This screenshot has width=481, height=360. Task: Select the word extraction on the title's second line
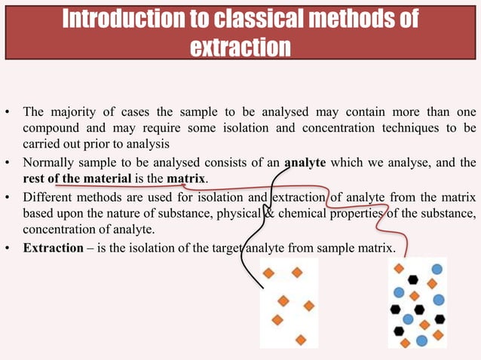[x=240, y=47]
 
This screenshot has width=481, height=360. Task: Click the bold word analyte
[x=307, y=162]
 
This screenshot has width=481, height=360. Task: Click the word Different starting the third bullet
[x=49, y=198]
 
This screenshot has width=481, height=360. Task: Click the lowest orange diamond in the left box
[x=301, y=340]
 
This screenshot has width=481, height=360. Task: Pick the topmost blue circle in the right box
[x=437, y=268]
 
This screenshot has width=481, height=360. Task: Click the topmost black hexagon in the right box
[x=413, y=279]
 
